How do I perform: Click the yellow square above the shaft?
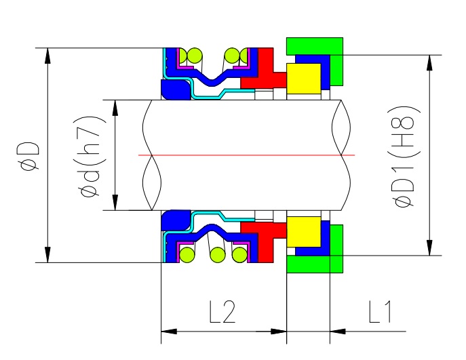coord(303,77)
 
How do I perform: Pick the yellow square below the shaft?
coord(303,233)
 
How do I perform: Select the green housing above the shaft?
coord(315,46)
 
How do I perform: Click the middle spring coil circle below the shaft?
coord(218,255)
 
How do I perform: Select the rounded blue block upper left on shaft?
coord(170,89)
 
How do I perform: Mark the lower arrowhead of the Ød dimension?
coord(116,203)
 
